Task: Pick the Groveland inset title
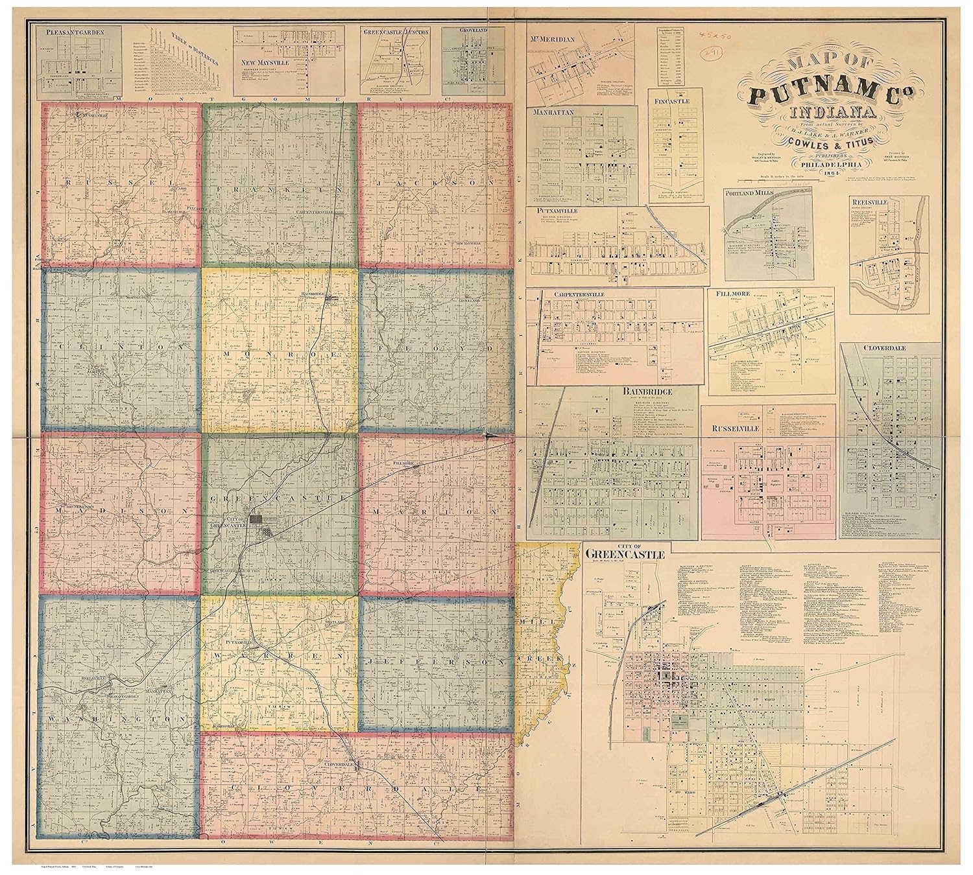click(x=462, y=31)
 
